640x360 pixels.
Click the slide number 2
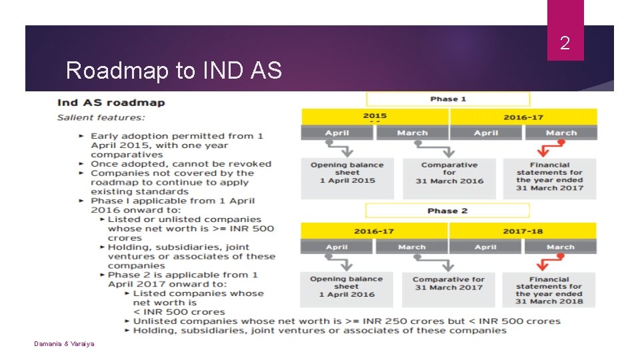(x=565, y=44)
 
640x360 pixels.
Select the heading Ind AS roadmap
(x=111, y=103)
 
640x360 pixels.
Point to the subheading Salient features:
(x=101, y=117)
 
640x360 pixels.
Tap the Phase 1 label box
(x=448, y=99)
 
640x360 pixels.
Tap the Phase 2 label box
(x=448, y=211)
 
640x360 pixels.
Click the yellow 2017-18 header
(x=523, y=231)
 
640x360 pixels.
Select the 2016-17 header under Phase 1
(x=523, y=117)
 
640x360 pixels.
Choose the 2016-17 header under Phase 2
(x=373, y=231)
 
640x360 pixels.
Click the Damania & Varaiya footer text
(x=65, y=343)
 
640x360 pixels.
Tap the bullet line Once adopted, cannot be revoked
(x=181, y=164)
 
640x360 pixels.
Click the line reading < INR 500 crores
(x=179, y=312)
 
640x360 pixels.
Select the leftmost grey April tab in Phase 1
(x=337, y=133)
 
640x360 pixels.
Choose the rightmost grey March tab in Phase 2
(x=560, y=247)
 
